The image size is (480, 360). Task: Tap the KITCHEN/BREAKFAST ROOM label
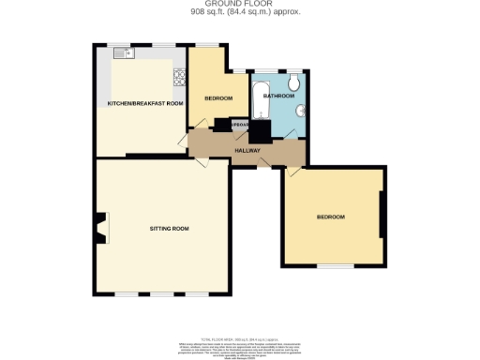[x=144, y=103]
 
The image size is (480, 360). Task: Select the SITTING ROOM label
[x=169, y=229]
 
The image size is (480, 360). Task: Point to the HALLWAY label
[x=247, y=150]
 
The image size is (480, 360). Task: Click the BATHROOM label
[x=278, y=97]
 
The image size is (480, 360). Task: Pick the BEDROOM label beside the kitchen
[x=217, y=98]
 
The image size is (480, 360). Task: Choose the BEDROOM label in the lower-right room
[x=330, y=217]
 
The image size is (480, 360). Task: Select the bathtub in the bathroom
[x=259, y=101]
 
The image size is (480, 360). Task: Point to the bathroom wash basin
[x=300, y=112]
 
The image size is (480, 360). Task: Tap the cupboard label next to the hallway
[x=239, y=124]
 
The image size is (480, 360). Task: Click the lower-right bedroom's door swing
[x=294, y=171]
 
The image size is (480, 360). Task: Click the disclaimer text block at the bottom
[x=239, y=341]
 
